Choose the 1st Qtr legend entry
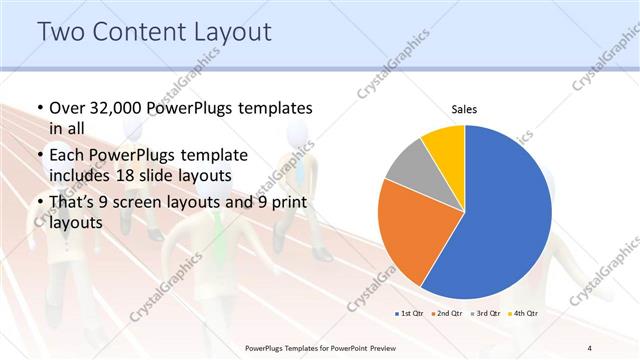click(x=410, y=314)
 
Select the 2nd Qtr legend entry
click(x=446, y=314)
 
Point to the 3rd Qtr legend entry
click(x=483, y=314)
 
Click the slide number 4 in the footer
click(x=589, y=348)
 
